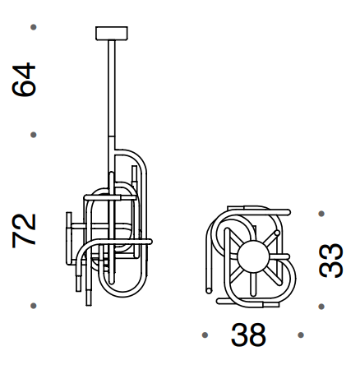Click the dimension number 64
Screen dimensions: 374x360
(25, 80)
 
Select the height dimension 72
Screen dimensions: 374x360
(25, 229)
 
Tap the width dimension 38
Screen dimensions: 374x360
(248, 335)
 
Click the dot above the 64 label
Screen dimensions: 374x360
(33, 28)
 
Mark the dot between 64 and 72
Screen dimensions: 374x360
(33, 134)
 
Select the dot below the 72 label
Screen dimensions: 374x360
(33, 306)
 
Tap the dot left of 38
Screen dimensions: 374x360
(204, 335)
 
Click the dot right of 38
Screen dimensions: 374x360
(302, 335)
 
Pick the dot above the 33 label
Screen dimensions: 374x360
(321, 213)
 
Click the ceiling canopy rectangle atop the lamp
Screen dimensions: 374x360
(112, 33)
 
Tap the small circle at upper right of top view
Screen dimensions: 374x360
(278, 233)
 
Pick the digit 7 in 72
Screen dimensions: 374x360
(25, 238)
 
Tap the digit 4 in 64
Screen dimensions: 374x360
(25, 71)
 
